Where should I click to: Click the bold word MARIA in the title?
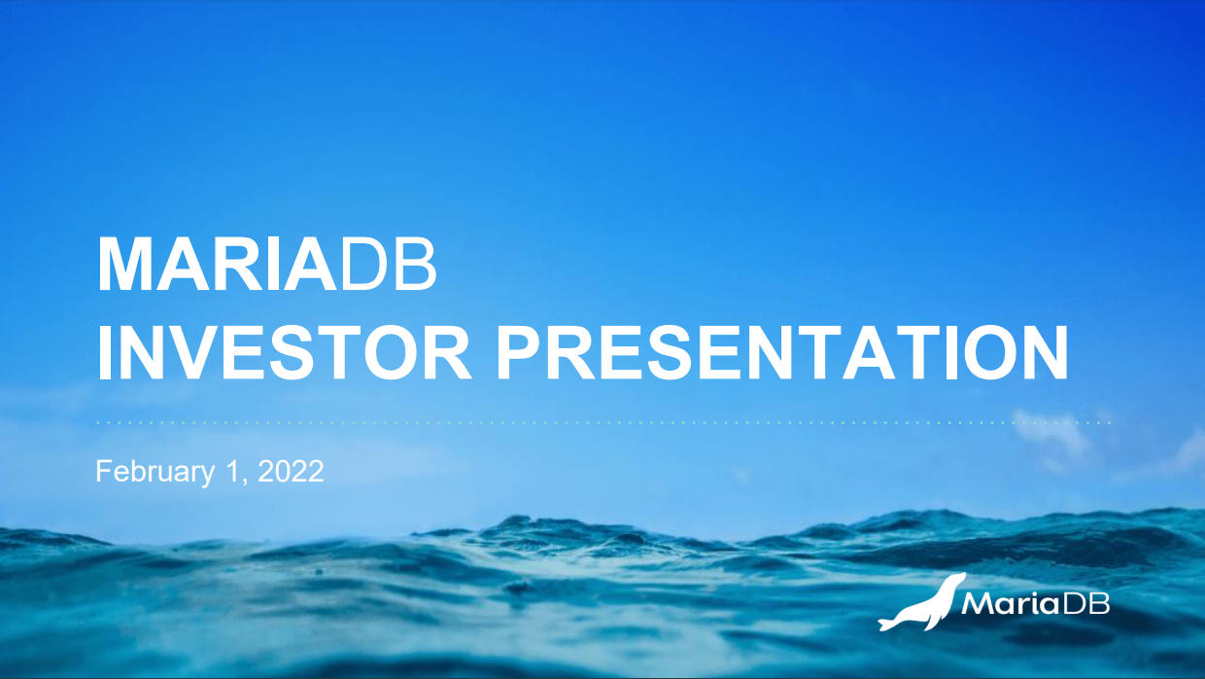pyautogui.click(x=217, y=265)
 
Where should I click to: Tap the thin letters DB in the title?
pyautogui.click(x=389, y=265)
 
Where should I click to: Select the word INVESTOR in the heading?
pyautogui.click(x=284, y=352)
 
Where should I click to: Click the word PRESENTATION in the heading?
pyautogui.click(x=781, y=352)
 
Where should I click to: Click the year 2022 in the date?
pyautogui.click(x=291, y=471)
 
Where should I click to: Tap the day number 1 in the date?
pyautogui.click(x=232, y=471)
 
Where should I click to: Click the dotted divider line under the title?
pyautogui.click(x=604, y=423)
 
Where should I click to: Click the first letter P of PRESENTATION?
pyautogui.click(x=519, y=352)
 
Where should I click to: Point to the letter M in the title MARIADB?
pyautogui.click(x=124, y=265)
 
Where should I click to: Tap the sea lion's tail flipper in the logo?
pyautogui.click(x=887, y=624)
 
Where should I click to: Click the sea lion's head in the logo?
pyautogui.click(x=955, y=581)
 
